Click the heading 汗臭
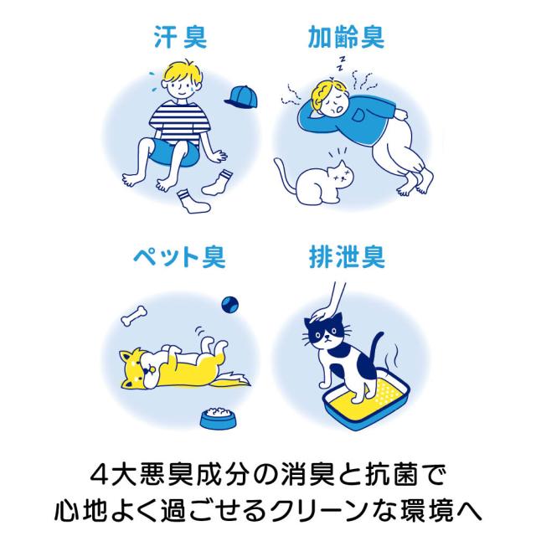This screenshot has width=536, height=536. click(180, 37)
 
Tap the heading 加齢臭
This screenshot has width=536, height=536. click(346, 37)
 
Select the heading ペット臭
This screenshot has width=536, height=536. click(179, 256)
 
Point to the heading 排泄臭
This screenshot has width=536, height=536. click(347, 256)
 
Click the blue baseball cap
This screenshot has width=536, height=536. click(240, 97)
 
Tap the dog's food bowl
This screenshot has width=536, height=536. click(218, 419)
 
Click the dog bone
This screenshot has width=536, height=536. click(134, 316)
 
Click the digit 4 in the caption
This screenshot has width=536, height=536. click(99, 476)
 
